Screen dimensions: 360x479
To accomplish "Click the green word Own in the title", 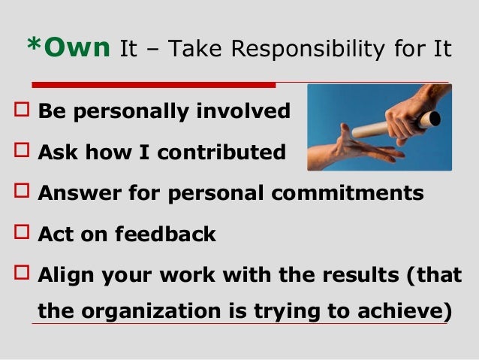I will tap(79, 49).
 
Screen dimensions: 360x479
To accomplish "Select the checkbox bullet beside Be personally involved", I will tap(21, 113).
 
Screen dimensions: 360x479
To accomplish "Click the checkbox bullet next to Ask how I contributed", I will tap(21, 153).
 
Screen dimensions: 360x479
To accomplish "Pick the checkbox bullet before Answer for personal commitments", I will tap(21, 194).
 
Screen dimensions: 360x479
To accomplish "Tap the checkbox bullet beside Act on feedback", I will tap(21, 234).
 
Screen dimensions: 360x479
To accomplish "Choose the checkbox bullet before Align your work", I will tap(21, 275).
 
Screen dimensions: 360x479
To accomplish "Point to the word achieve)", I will tap(406, 310).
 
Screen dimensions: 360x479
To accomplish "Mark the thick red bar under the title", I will tap(154, 85).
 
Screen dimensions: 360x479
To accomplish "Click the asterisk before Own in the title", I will tap(32, 47).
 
